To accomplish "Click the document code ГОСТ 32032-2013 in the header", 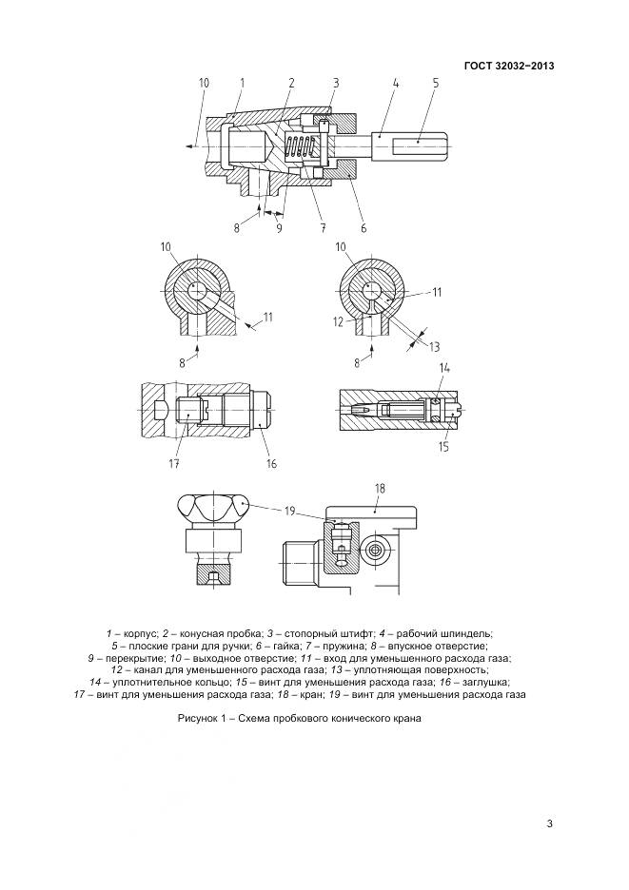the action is pyautogui.click(x=509, y=66).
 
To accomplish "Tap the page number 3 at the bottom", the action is pyautogui.click(x=549, y=824).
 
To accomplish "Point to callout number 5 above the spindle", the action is pyautogui.click(x=436, y=83).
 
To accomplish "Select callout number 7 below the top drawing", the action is pyautogui.click(x=323, y=228).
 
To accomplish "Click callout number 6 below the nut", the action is pyautogui.click(x=364, y=228).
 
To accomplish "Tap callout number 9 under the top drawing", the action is pyautogui.click(x=279, y=228).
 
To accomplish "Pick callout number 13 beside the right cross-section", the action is pyautogui.click(x=434, y=347).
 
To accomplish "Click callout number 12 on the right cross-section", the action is pyautogui.click(x=338, y=321).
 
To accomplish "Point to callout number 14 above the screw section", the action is pyautogui.click(x=444, y=369).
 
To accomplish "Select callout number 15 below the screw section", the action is pyautogui.click(x=443, y=447).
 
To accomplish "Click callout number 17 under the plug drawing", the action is pyautogui.click(x=174, y=464).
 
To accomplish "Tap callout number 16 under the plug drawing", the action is pyautogui.click(x=271, y=464).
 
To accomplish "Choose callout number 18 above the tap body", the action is pyautogui.click(x=380, y=488).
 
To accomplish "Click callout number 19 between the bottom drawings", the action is pyautogui.click(x=290, y=512).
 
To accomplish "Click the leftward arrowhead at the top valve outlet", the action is pyautogui.click(x=190, y=147).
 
